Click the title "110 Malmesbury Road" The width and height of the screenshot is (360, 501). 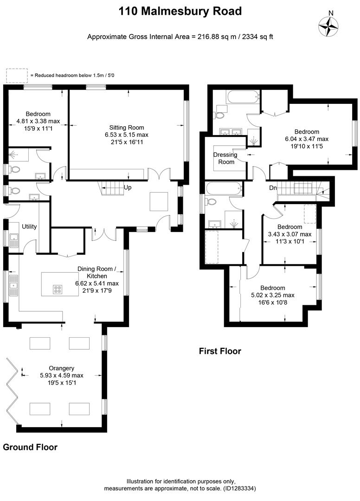180,11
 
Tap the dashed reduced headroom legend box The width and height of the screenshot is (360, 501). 17,75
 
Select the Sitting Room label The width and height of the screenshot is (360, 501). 127,127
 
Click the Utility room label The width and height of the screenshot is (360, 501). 29,226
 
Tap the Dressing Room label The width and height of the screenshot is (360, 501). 225,158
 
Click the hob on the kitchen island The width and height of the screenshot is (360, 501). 58,289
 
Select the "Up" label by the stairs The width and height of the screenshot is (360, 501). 128,187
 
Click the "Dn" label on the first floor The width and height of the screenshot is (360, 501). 273,188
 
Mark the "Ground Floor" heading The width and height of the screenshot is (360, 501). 30,447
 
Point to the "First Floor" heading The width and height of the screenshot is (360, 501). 220,351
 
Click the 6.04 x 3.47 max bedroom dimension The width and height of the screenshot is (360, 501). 306,139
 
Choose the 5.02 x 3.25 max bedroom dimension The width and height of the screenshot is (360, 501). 272,295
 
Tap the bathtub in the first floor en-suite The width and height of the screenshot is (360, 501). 241,97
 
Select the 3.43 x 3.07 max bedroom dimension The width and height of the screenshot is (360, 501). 289,234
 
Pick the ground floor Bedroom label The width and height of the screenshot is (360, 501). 38,114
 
